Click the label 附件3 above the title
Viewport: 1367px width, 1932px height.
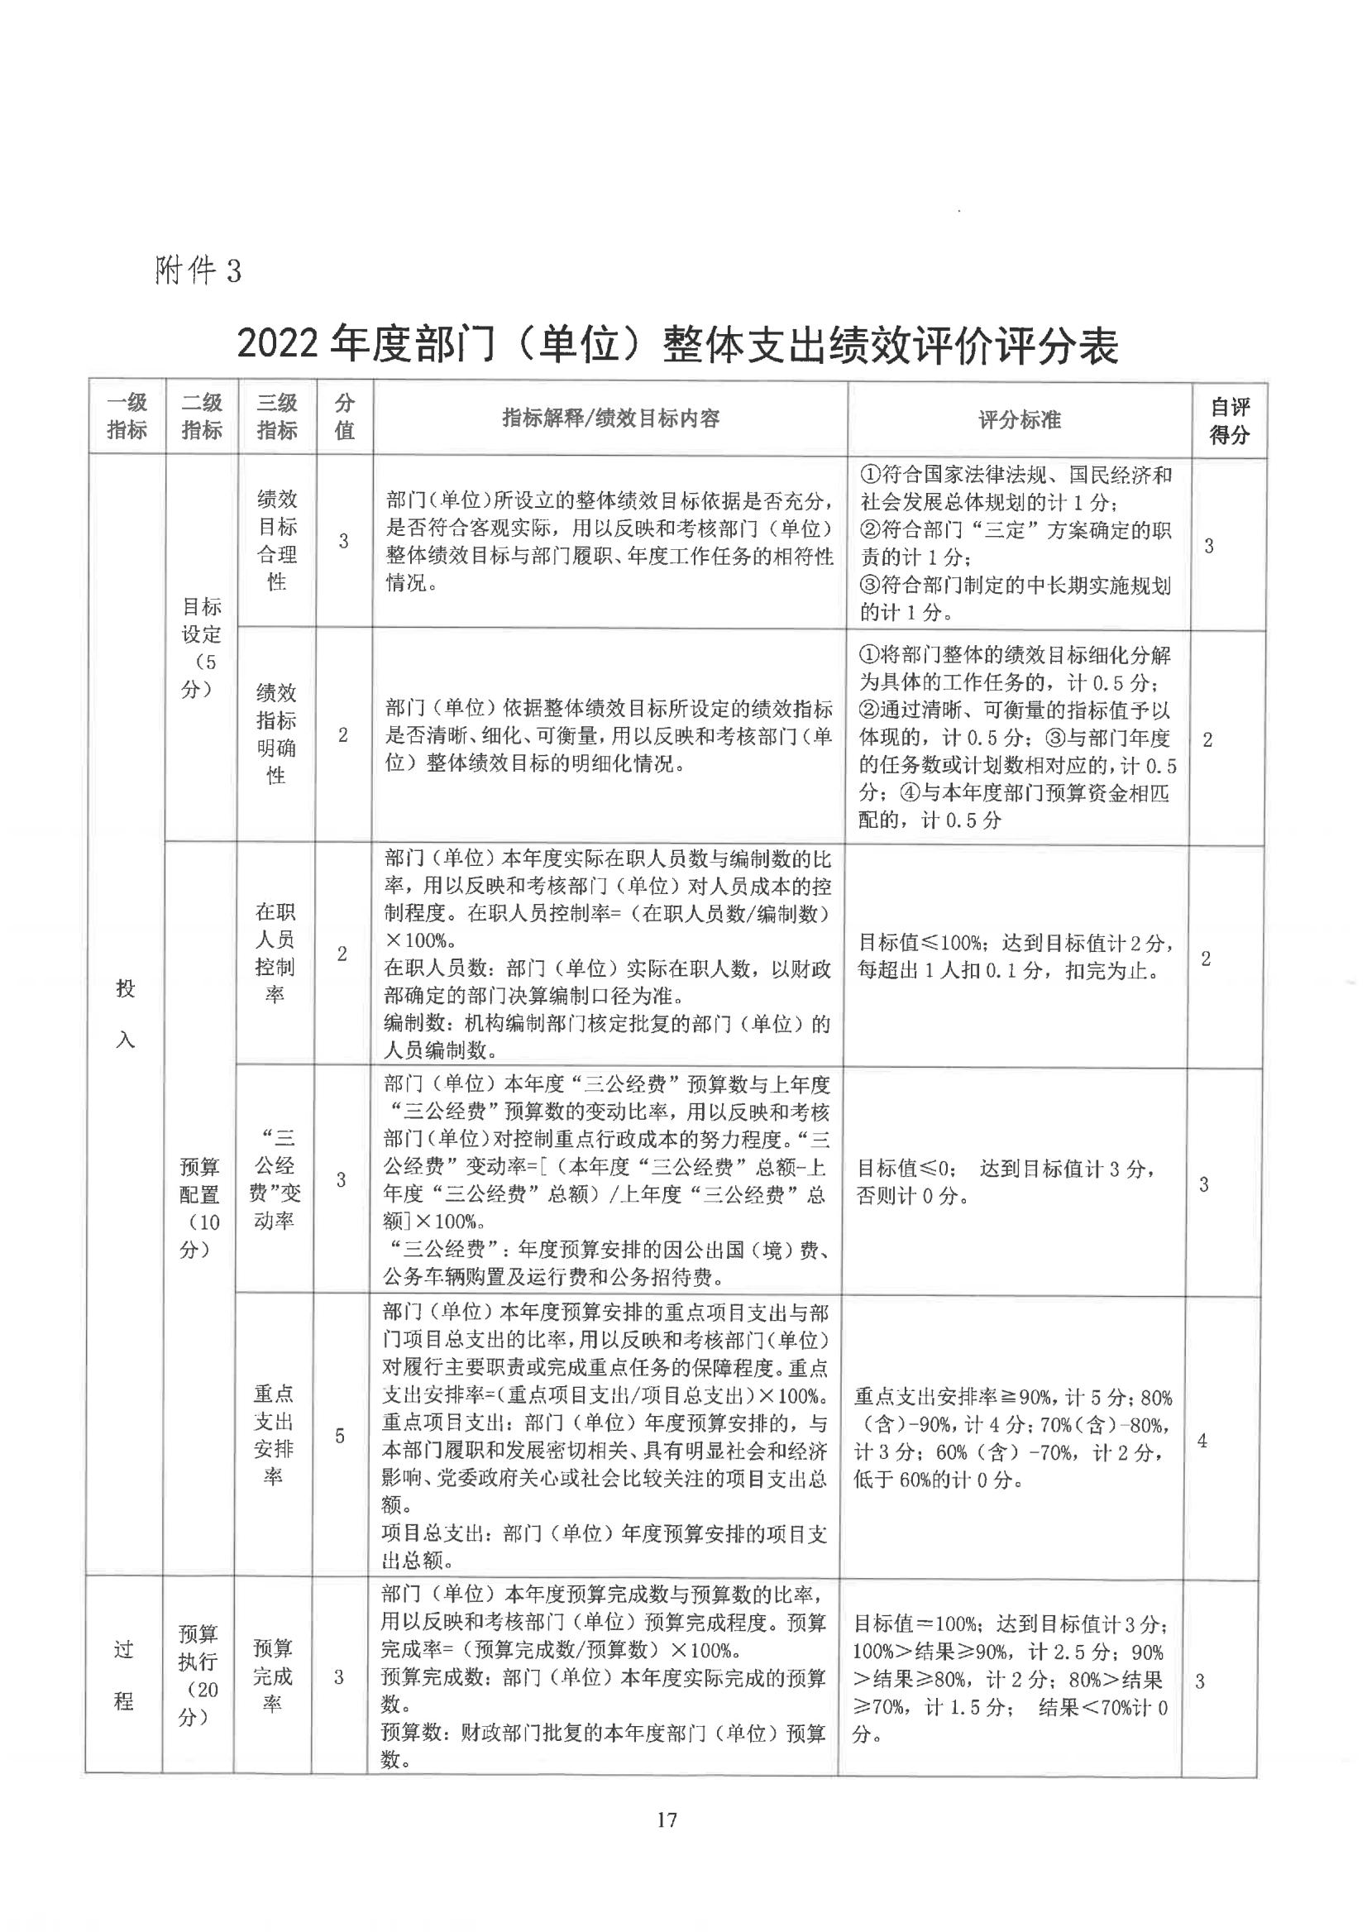[198, 270]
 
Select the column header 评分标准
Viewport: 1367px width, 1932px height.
[1020, 419]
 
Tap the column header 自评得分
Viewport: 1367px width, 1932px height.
[1229, 421]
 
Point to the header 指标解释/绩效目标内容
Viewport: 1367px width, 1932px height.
[610, 418]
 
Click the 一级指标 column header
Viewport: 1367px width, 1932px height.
[127, 417]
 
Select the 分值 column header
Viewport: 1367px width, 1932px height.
[344, 417]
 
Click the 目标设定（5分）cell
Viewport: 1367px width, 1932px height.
[201, 648]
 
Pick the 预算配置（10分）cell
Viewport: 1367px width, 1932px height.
[198, 1207]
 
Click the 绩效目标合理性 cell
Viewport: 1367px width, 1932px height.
[277, 540]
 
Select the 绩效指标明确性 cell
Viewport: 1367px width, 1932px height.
[276, 734]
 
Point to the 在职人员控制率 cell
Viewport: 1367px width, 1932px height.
[275, 953]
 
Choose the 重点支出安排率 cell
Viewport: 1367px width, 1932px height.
[274, 1434]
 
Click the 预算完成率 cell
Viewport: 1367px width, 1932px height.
[273, 1676]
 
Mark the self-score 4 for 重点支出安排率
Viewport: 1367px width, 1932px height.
[1202, 1441]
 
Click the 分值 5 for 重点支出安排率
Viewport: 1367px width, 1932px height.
[340, 1435]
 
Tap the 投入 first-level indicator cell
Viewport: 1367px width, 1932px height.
[126, 1014]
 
